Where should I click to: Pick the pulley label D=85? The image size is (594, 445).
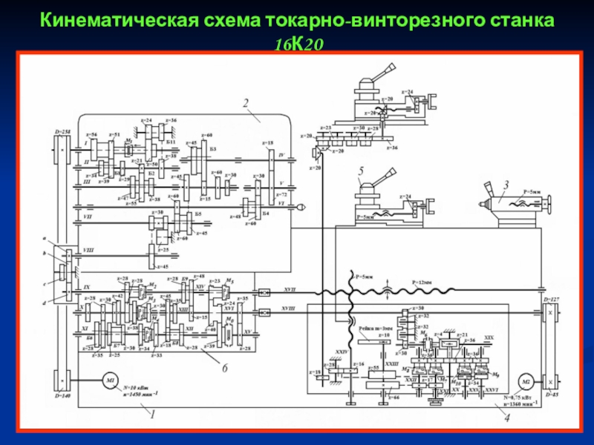[551, 395]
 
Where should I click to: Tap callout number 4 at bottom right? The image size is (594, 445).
[507, 417]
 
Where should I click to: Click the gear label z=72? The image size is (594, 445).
[281, 193]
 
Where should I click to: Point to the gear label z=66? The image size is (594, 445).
[394, 398]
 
